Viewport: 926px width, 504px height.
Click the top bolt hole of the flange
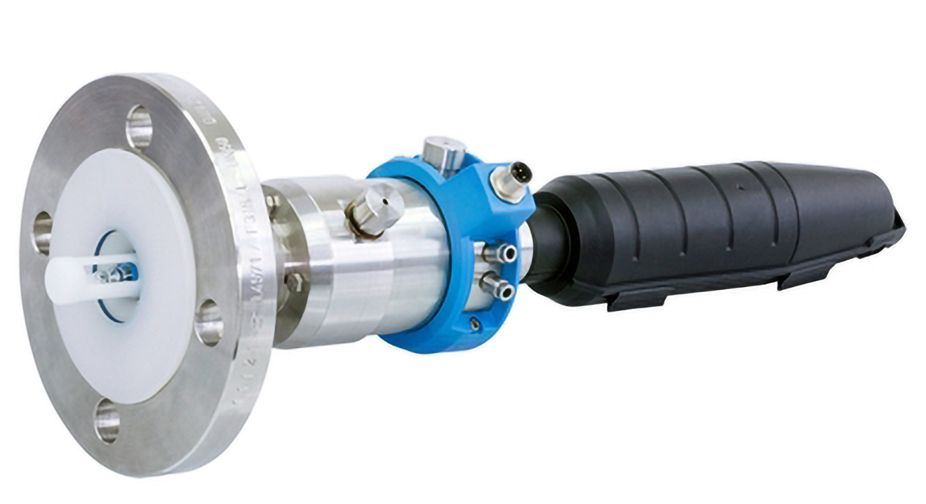coord(139,127)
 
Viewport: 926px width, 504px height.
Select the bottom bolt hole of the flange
coord(107,421)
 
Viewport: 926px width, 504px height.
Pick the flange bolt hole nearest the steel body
coord(208,322)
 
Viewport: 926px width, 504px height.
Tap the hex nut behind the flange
coord(293,281)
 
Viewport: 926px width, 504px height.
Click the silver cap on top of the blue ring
coord(444,149)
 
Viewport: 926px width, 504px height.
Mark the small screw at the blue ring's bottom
coord(476,324)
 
